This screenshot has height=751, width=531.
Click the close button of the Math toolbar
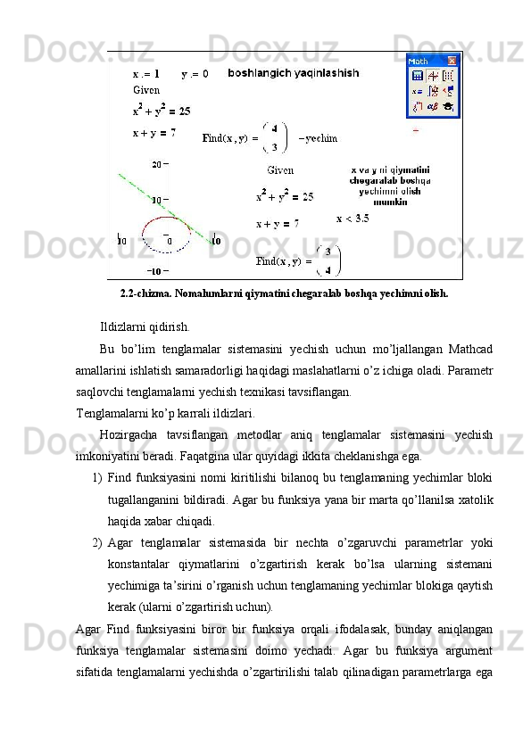[x=452, y=61]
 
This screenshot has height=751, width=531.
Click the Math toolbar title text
[x=419, y=61]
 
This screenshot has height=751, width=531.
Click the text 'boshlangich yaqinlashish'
[x=294, y=72]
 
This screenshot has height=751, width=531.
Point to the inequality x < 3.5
[x=353, y=218]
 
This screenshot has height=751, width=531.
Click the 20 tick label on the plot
[x=157, y=164]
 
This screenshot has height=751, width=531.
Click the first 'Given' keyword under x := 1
[x=146, y=90]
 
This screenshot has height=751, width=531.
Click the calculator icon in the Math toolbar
[x=417, y=76]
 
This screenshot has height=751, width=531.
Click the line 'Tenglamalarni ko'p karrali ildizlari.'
[x=165, y=413]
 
